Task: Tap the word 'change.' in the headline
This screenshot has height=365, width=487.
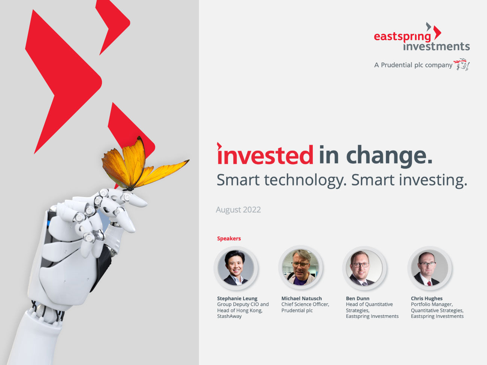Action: pos(389,156)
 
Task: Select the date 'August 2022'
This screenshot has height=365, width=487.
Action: pos(238,210)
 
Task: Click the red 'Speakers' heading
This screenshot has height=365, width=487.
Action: pos(229,239)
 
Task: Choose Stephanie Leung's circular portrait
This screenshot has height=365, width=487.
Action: pos(236,268)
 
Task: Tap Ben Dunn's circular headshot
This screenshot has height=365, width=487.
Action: pos(364,268)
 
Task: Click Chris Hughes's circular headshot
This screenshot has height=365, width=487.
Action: pos(430,268)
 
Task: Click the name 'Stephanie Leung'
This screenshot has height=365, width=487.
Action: pos(237,298)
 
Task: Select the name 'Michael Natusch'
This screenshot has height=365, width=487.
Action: pos(302,298)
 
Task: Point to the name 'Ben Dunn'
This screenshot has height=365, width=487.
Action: pos(358,298)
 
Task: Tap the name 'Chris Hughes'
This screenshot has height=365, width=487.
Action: pos(427,298)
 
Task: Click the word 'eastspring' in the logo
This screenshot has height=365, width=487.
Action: pos(402,37)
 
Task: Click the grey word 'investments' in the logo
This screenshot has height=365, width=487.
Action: pos(436,46)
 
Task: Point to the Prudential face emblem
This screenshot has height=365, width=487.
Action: pos(462,64)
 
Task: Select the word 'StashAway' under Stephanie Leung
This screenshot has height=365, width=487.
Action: pos(229,316)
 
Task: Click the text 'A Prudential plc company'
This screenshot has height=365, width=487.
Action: pos(413,65)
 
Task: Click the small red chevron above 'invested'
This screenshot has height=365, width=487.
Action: pos(219,146)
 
